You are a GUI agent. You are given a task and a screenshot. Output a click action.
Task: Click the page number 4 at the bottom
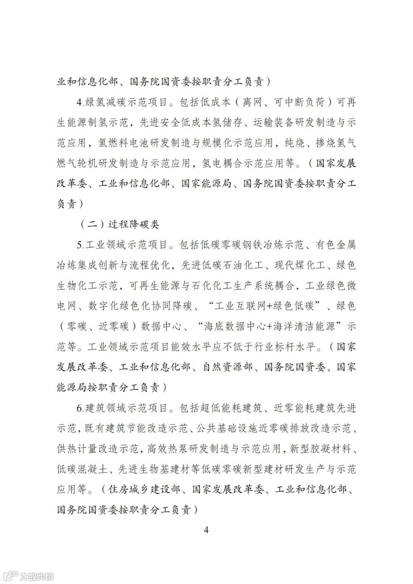pyautogui.click(x=206, y=530)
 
